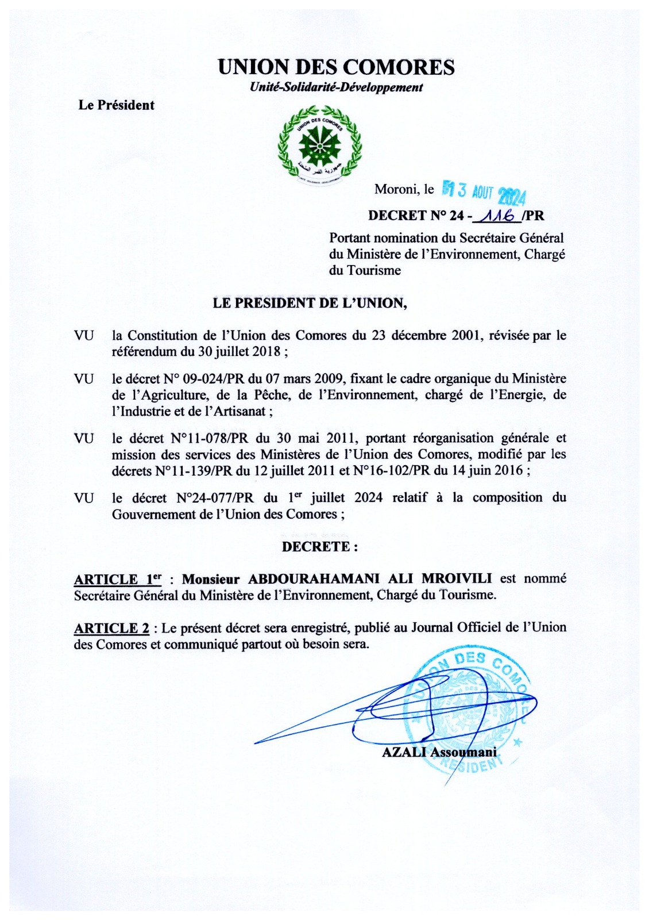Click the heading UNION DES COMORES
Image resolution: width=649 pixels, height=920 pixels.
[336, 68]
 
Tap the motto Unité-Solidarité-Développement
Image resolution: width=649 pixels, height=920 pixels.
[336, 87]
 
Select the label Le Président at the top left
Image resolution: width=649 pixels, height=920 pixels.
[117, 105]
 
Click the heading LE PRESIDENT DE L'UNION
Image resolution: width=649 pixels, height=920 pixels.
[310, 303]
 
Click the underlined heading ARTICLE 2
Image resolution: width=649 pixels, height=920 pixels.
[111, 628]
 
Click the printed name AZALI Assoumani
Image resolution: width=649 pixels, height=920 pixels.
[439, 752]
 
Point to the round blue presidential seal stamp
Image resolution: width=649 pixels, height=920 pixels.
[468, 710]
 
